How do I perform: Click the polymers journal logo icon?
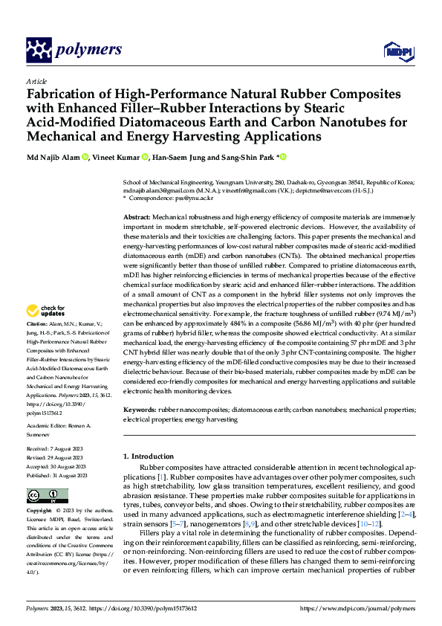pos(39,50)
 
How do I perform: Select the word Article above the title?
pos(36,81)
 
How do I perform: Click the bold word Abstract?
pos(138,215)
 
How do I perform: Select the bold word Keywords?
pos(140,410)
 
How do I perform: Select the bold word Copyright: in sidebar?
pos(39,511)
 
